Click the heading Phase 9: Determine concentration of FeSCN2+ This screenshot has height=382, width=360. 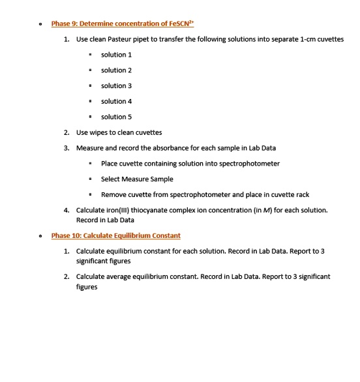pyautogui.click(x=123, y=24)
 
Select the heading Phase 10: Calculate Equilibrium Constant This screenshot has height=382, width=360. pyautogui.click(x=115, y=235)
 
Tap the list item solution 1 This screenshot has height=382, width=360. pyautogui.click(x=116, y=54)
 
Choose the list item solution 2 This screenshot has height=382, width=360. pyautogui.click(x=116, y=70)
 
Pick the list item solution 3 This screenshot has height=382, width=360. pyautogui.click(x=116, y=85)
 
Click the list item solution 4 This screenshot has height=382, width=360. pyautogui.click(x=116, y=101)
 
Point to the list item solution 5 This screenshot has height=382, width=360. pyautogui.click(x=116, y=117)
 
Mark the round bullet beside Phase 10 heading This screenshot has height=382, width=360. pyautogui.click(x=41, y=236)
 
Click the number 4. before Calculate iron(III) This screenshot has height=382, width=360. pyautogui.click(x=67, y=210)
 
